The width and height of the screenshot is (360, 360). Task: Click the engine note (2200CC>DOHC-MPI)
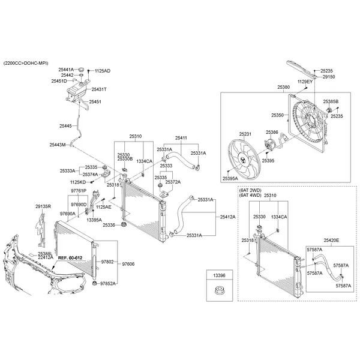tap(26, 63)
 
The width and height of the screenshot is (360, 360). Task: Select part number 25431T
tap(98, 89)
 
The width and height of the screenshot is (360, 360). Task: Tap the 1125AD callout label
tap(103, 71)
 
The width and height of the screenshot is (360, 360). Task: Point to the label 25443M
tap(58, 145)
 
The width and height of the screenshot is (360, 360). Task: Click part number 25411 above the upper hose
tap(181, 138)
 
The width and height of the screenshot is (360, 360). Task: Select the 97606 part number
tap(128, 263)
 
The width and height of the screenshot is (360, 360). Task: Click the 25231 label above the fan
tap(246, 134)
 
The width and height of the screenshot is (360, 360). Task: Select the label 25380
tap(284, 87)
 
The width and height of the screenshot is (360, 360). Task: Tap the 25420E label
tap(331, 240)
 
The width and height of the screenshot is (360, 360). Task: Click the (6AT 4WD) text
tap(251, 196)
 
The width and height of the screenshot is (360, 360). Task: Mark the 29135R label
tap(43, 206)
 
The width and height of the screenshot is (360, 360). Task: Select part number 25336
tap(109, 225)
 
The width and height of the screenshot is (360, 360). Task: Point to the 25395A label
tap(230, 179)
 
